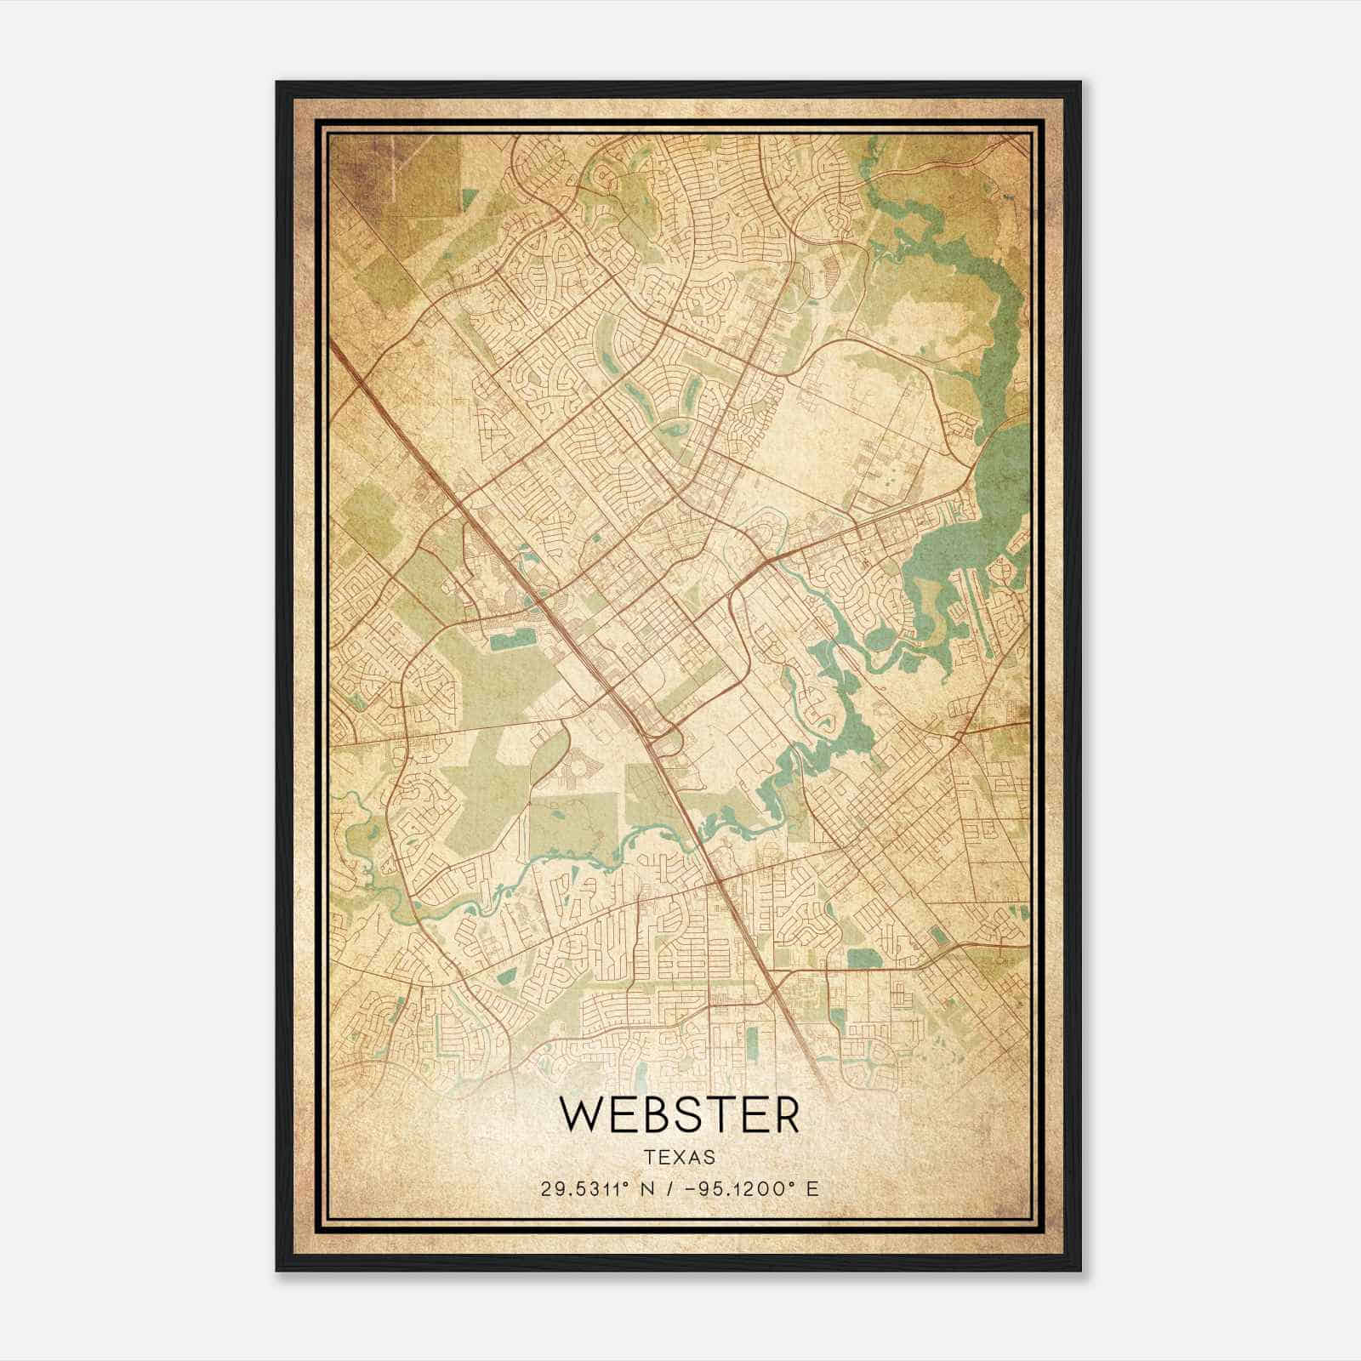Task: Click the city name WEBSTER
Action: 679,1116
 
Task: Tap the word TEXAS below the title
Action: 679,1158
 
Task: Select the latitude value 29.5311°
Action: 590,1188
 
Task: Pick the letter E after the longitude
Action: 812,1188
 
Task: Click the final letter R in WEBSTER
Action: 785,1116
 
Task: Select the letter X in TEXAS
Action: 679,1158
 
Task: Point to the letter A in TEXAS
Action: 693,1158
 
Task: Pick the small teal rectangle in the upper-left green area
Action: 470,199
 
